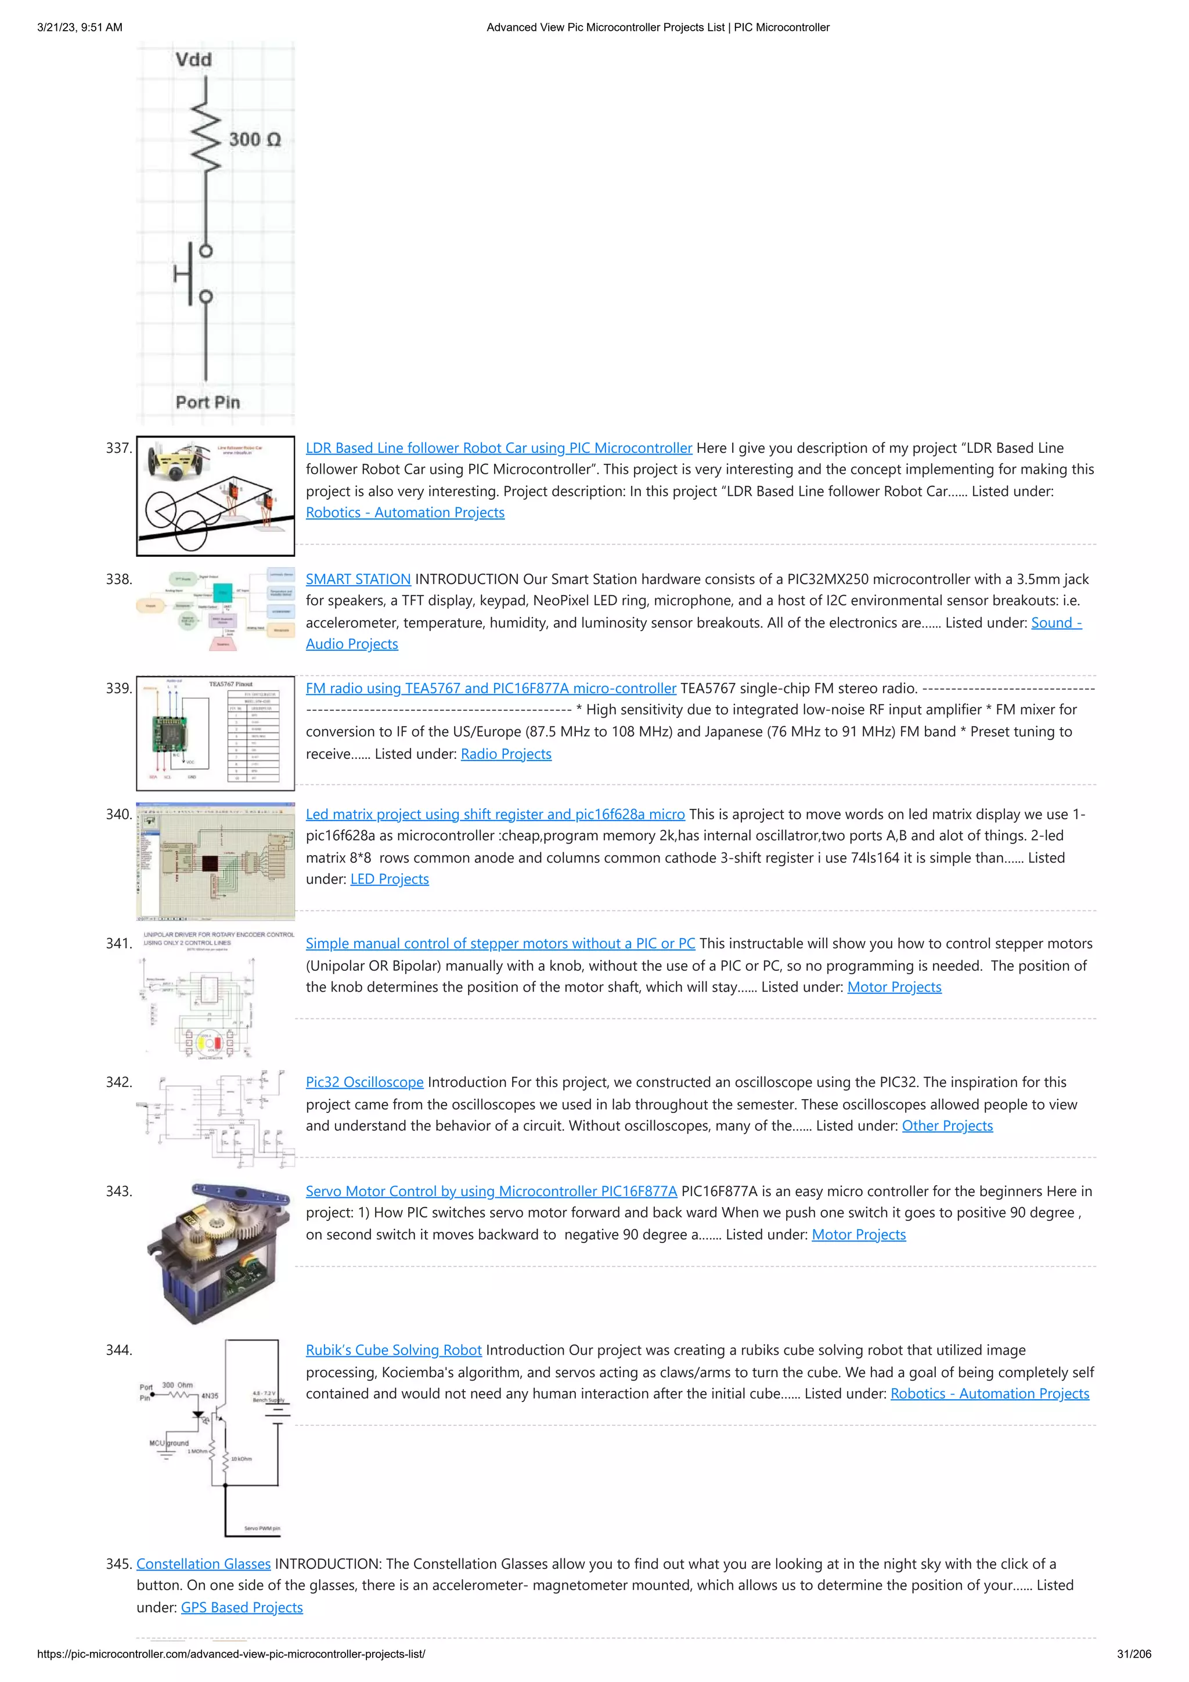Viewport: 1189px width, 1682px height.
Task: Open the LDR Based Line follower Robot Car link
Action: click(498, 448)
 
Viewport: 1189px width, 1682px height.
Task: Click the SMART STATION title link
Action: click(358, 579)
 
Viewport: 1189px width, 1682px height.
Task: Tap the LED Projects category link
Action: click(389, 879)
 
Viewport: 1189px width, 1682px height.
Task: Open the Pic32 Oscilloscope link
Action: click(364, 1082)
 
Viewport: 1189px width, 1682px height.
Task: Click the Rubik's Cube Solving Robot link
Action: click(394, 1350)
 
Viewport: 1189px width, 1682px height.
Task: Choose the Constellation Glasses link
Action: click(203, 1564)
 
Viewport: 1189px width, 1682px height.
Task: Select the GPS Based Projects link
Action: click(242, 1607)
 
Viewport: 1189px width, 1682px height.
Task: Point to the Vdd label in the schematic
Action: click(193, 59)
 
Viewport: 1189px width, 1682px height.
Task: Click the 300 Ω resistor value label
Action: click(254, 139)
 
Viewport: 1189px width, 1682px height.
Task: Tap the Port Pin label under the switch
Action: click(207, 402)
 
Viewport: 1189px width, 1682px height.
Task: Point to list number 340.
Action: click(118, 814)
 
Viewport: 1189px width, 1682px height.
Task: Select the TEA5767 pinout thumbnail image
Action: click(215, 733)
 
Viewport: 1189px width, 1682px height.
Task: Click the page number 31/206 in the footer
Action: click(1133, 1654)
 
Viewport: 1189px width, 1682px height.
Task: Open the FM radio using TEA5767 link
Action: click(491, 689)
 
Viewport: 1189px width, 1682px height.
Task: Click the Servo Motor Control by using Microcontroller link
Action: click(491, 1191)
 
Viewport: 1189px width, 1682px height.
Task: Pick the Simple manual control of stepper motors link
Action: click(500, 943)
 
